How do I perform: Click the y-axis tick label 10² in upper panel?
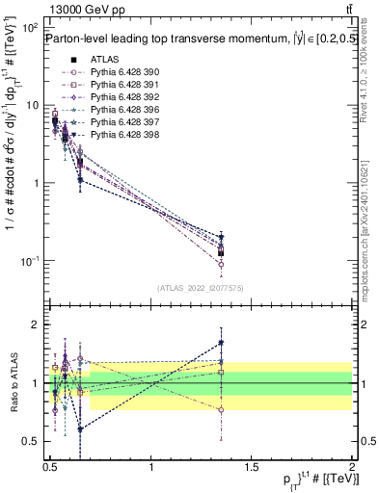pos(29,27)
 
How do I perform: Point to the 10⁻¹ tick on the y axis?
pos(29,261)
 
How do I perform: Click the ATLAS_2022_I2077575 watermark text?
pos(200,287)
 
